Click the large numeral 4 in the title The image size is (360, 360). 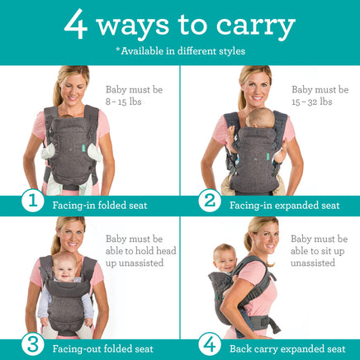pyautogui.click(x=76, y=24)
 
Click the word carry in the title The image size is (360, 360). pyautogui.click(x=256, y=26)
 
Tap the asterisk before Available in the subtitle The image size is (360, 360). pyautogui.click(x=118, y=50)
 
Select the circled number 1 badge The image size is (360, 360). pyautogui.click(x=33, y=201)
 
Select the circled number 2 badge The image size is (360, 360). pyautogui.click(x=210, y=201)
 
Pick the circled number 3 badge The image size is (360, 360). pyautogui.click(x=33, y=344)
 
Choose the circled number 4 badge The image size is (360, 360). pyautogui.click(x=210, y=344)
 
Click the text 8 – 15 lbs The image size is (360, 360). pyautogui.click(x=124, y=102)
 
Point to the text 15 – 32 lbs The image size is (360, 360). pyautogui.click(x=312, y=102)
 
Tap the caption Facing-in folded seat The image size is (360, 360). pyautogui.click(x=100, y=206)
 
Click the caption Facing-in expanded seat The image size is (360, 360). pyautogui.click(x=285, y=206)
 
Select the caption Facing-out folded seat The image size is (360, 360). pyautogui.click(x=103, y=349)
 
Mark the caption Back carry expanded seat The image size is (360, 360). pyautogui.click(x=287, y=349)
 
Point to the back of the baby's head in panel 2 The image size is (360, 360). pyautogui.click(x=260, y=117)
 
